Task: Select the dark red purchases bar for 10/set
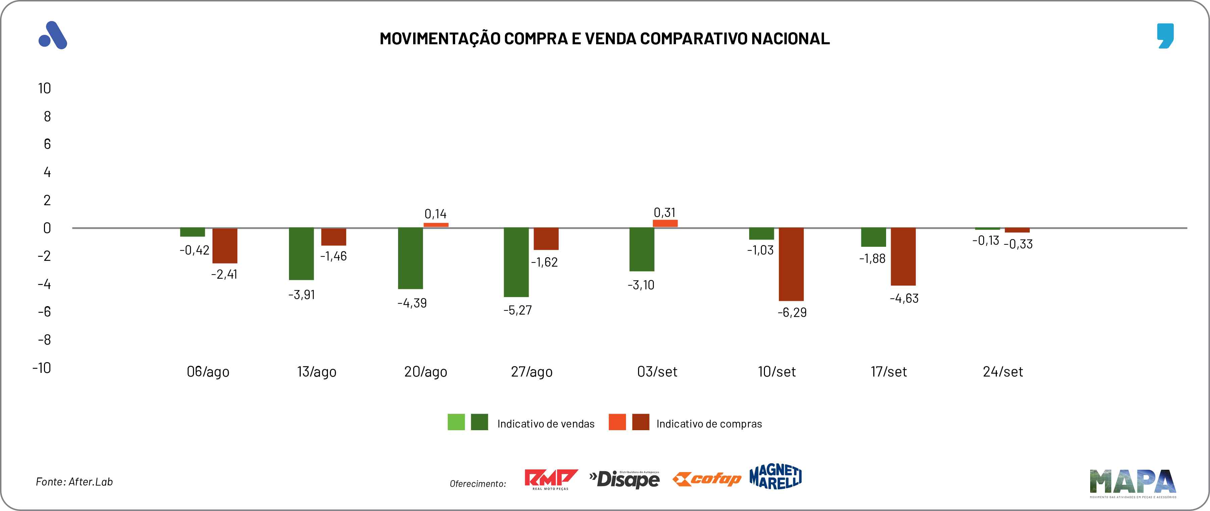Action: [791, 264]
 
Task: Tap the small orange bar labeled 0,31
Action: [665, 223]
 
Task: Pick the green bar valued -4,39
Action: [410, 258]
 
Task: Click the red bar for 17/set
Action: [903, 257]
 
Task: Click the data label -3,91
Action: [301, 295]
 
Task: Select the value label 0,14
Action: [435, 214]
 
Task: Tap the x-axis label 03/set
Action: [657, 372]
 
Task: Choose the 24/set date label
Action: [1003, 372]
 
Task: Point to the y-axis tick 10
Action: [45, 88]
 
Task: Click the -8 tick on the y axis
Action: [44, 340]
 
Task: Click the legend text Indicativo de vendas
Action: [546, 424]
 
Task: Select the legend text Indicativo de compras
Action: [709, 424]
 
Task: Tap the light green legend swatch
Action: [456, 422]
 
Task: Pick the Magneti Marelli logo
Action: [776, 477]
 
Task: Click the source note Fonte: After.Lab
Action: [74, 482]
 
